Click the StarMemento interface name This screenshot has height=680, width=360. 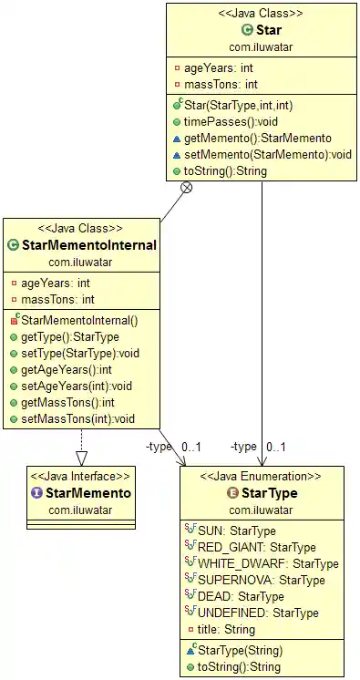click(87, 493)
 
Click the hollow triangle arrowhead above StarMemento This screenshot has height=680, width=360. click(80, 460)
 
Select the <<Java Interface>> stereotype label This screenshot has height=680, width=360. click(80, 476)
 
